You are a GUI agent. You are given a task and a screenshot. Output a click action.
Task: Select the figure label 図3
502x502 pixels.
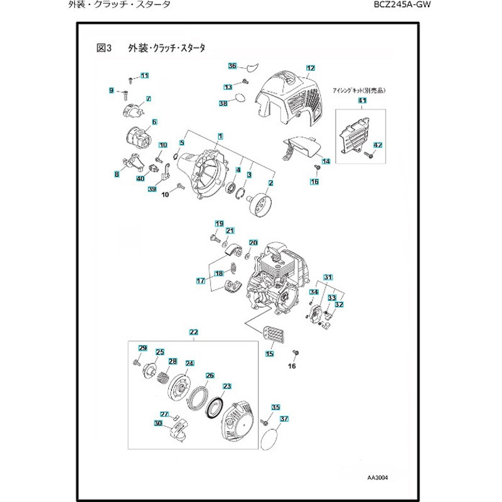tap(104, 48)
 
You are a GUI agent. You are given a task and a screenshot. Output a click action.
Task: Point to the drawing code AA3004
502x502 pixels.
tap(378, 477)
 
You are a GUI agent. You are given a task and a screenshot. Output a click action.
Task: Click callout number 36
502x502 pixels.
tap(232, 66)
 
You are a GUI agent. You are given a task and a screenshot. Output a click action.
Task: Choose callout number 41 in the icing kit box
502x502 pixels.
tap(362, 100)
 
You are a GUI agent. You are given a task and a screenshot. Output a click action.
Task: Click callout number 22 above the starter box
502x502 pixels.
tap(194, 331)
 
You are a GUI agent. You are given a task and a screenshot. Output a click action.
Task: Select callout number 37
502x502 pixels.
tap(284, 419)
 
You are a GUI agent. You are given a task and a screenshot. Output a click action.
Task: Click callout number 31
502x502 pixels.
tap(327, 277)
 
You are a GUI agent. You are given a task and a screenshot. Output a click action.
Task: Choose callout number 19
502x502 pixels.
tap(219, 224)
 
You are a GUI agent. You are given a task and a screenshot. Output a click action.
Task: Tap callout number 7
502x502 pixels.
tap(149, 99)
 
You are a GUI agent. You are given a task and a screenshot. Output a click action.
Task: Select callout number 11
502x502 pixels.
tap(144, 76)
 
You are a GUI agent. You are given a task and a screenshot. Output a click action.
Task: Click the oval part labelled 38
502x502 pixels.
tap(240, 98)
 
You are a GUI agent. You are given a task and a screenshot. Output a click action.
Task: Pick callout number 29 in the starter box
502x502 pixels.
tap(142, 349)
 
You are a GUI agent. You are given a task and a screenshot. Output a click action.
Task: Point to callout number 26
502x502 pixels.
tap(210, 376)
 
